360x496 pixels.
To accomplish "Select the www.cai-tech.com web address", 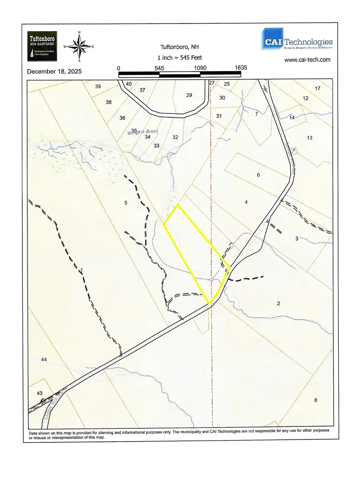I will click(307, 60).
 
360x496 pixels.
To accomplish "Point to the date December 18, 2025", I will click(54, 72).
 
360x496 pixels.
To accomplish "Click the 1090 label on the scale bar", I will click(200, 68).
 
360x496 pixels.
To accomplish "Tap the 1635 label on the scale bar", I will click(241, 68).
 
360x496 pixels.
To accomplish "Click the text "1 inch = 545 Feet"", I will click(180, 58).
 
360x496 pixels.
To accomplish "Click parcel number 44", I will click(44, 360).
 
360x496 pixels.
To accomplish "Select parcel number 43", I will click(40, 394).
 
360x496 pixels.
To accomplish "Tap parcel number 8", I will click(316, 400).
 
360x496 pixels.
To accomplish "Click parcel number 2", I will click(278, 304).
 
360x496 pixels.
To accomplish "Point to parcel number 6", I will click(258, 175).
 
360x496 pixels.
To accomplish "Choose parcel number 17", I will click(318, 88).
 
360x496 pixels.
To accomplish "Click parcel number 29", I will click(189, 95).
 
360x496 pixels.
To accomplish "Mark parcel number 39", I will click(98, 86).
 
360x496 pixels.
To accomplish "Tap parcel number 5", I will click(126, 203).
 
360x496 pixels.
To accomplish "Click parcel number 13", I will click(309, 138).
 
